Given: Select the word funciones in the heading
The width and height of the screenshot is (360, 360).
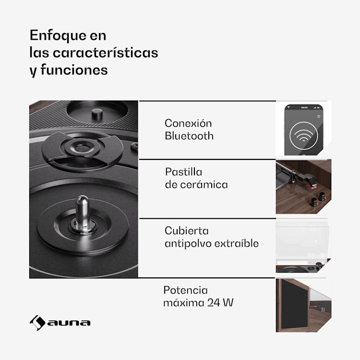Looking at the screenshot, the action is pyautogui.click(x=74, y=70).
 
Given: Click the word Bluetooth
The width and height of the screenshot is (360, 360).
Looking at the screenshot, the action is pyautogui.click(x=189, y=136).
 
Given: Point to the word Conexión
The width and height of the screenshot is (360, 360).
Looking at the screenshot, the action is pyautogui.click(x=188, y=123).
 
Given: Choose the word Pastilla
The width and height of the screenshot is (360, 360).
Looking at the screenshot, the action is pyautogui.click(x=184, y=172).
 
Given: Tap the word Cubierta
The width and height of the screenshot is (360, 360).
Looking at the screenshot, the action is pyautogui.click(x=187, y=231).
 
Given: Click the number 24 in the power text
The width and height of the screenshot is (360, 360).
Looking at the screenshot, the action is pyautogui.click(x=214, y=302).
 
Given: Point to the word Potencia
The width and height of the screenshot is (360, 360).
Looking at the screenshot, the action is pyautogui.click(x=185, y=290).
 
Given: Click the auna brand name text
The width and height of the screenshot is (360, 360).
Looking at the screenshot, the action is pyautogui.click(x=69, y=323).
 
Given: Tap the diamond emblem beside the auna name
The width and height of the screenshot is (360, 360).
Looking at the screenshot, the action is pyautogui.click(x=37, y=323).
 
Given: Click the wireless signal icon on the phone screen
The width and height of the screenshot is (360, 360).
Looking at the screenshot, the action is pyautogui.click(x=304, y=136).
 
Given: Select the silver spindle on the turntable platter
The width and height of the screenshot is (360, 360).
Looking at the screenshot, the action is pyautogui.click(x=83, y=212).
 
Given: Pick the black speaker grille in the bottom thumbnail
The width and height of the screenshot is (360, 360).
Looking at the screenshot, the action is pyautogui.click(x=295, y=304).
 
